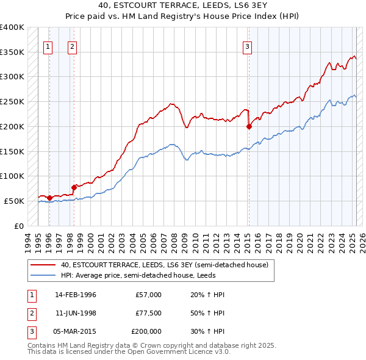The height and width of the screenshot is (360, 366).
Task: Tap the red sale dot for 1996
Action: coord(49,198)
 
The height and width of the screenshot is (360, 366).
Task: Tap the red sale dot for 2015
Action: coord(249,127)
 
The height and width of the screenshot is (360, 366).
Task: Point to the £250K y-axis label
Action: coord(12,102)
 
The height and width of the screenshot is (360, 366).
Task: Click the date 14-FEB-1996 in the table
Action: coord(76,295)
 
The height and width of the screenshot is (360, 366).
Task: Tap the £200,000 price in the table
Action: coord(146,331)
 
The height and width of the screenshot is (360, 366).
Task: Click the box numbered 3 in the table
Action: coord(30,331)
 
